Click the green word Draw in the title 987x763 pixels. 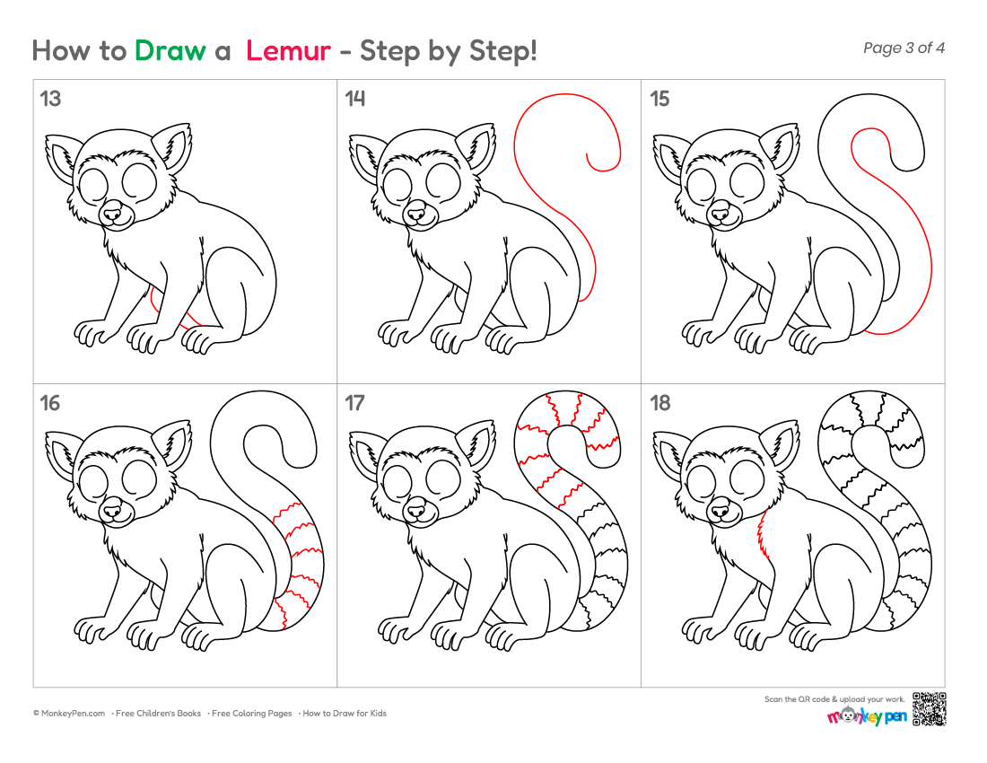[170, 50]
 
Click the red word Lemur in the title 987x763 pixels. [288, 50]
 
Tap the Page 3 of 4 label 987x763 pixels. [904, 48]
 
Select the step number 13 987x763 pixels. [50, 99]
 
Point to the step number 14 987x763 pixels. [355, 99]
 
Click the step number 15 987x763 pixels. [659, 99]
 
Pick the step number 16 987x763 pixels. [50, 403]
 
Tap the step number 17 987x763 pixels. [355, 403]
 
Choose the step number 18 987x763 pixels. [659, 403]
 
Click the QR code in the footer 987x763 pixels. [929, 709]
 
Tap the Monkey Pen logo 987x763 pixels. [867, 715]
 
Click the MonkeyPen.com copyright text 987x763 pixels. [69, 714]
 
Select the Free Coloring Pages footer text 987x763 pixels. [251, 714]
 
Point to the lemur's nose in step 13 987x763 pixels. [112, 215]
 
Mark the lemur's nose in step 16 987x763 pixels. [112, 511]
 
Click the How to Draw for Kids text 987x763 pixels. [345, 714]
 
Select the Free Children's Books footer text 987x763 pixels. [158, 714]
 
